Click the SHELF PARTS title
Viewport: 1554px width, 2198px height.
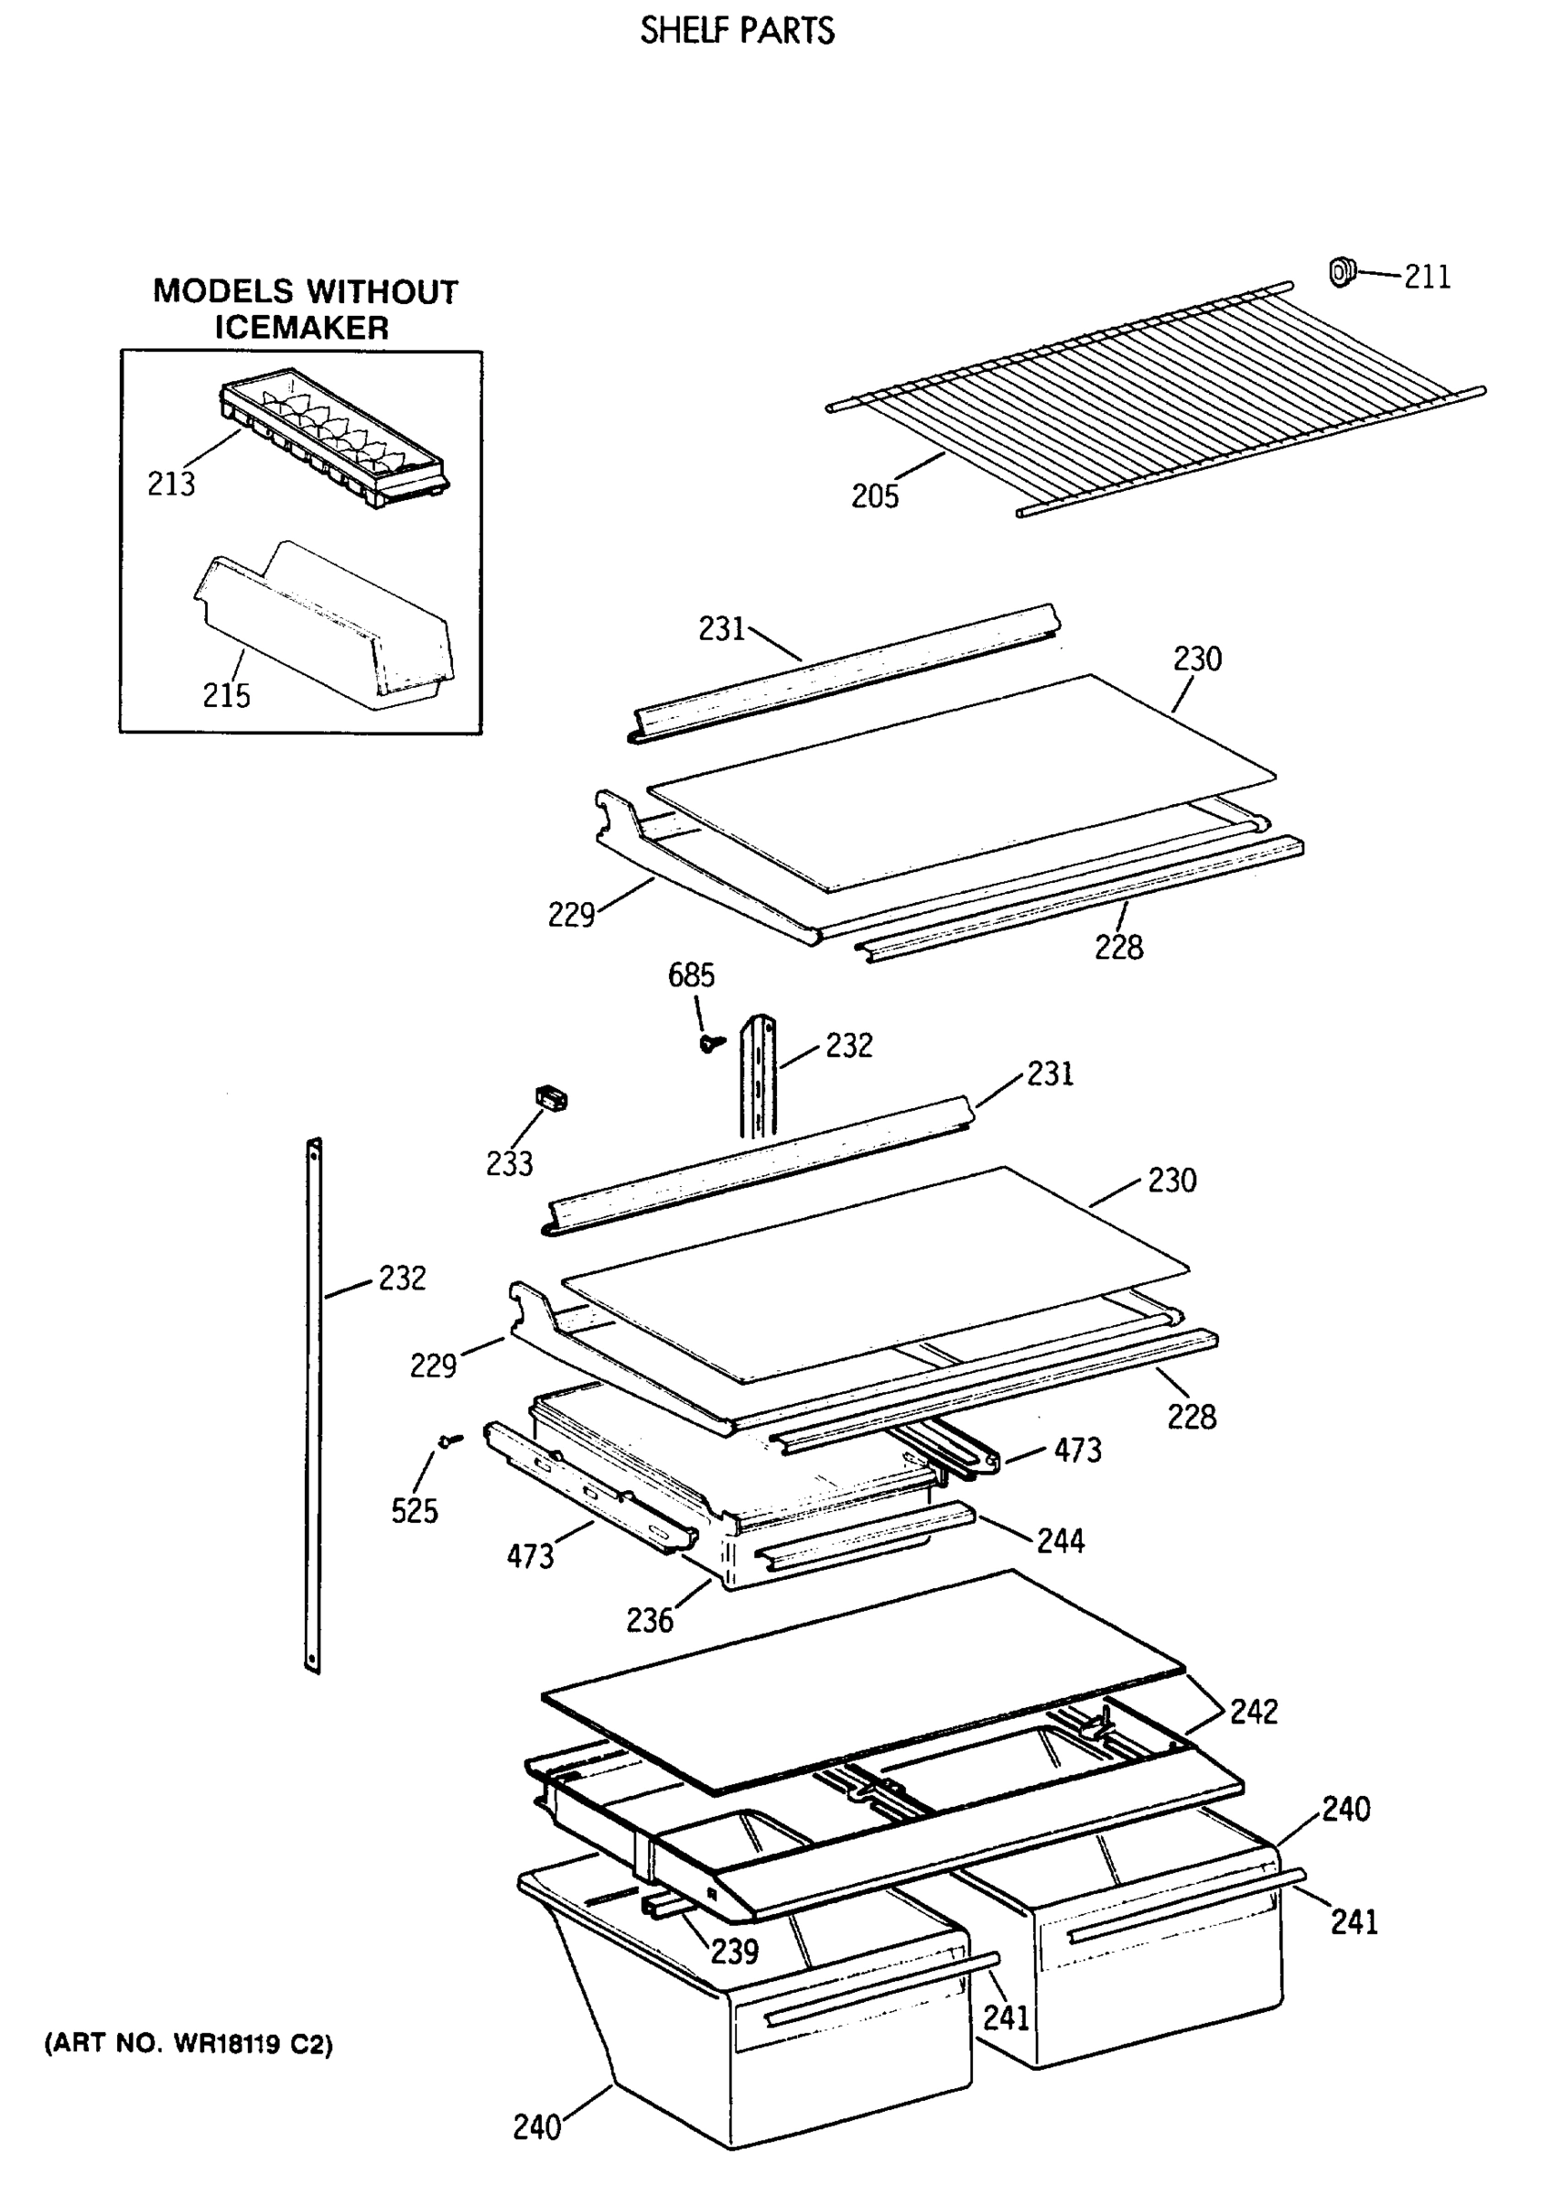737,31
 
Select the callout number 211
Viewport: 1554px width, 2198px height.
1427,277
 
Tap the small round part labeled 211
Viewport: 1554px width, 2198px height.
1342,272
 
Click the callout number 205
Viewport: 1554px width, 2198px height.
876,495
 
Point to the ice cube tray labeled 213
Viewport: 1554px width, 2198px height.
335,436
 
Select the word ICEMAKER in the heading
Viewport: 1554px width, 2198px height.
301,329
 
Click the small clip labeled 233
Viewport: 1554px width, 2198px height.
550,1098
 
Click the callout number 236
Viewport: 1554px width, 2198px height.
650,1620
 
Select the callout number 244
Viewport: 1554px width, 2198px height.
1060,1540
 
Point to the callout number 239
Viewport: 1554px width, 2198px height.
734,1950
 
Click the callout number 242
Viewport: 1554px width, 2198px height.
1254,1711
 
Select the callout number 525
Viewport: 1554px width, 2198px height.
415,1510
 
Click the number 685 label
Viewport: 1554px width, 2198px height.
691,975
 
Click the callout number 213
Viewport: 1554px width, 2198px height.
171,484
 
